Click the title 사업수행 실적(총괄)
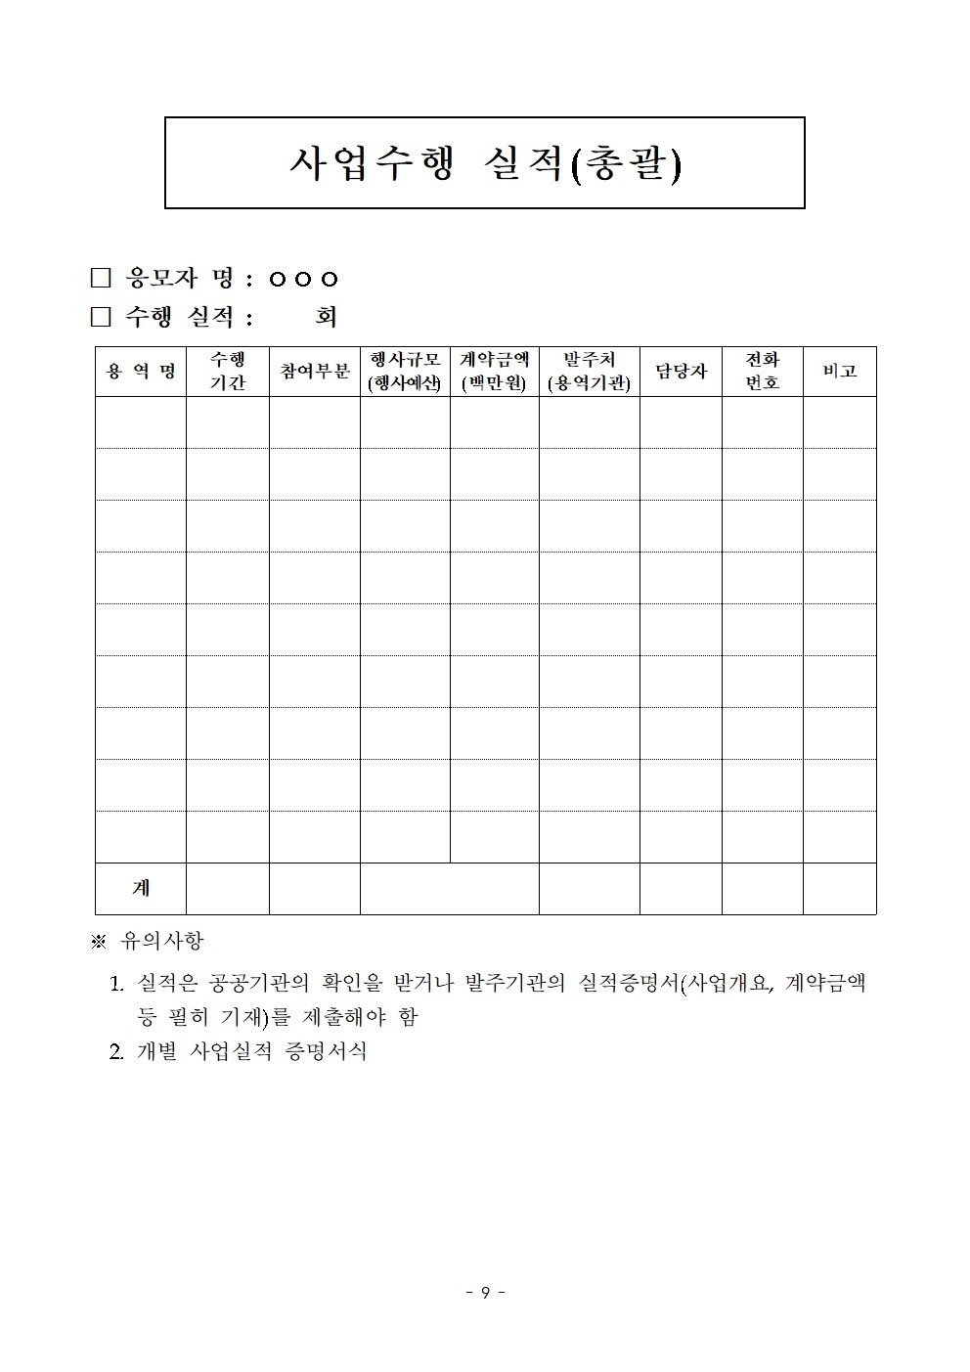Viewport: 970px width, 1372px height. pos(485,164)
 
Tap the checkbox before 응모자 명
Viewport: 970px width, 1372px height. pos(101,279)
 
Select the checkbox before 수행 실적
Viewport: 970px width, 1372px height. pos(101,317)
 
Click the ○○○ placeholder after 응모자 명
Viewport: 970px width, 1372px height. pos(303,280)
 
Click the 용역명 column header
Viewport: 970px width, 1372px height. pos(141,372)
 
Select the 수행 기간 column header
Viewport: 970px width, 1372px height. pos(228,372)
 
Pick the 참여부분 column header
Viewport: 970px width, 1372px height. pos(315,372)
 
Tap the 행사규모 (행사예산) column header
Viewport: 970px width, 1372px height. pos(405,372)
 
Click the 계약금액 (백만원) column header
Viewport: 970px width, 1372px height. pos(495,372)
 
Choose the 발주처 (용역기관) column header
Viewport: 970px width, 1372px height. pos(590,372)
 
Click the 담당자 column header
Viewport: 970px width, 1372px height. pos(681,372)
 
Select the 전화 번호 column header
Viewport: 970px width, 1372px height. pos(763,372)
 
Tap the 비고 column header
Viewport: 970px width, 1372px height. pos(840,372)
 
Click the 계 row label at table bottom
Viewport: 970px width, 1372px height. pos(141,888)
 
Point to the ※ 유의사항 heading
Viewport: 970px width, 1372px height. pos(148,941)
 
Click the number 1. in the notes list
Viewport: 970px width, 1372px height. pos(117,983)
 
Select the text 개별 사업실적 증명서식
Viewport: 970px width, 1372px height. pos(252,1052)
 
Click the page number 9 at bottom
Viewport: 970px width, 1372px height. pos(485,1293)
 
